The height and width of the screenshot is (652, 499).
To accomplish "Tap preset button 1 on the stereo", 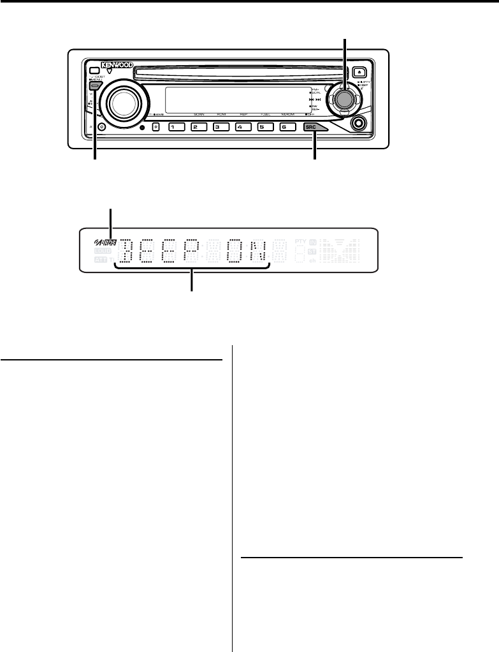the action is point(173,127).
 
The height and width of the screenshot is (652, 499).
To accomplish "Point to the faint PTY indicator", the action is point(300,242).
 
